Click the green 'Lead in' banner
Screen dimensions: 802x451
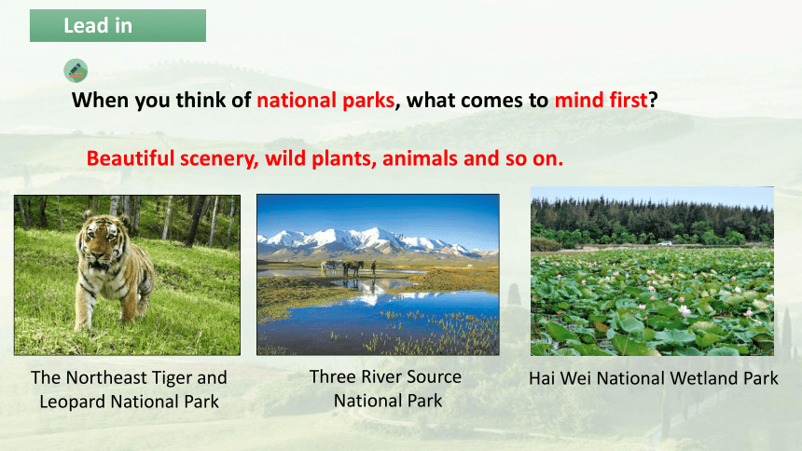point(118,25)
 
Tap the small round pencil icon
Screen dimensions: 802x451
point(76,71)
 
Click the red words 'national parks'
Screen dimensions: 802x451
point(325,101)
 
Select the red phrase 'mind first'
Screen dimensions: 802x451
point(601,100)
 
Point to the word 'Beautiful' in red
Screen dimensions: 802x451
point(131,158)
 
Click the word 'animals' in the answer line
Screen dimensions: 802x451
point(420,158)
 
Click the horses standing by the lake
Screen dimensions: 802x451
point(342,267)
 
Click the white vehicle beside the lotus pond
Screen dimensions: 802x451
point(665,243)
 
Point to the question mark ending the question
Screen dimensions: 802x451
point(653,101)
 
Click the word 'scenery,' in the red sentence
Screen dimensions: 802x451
point(219,159)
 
